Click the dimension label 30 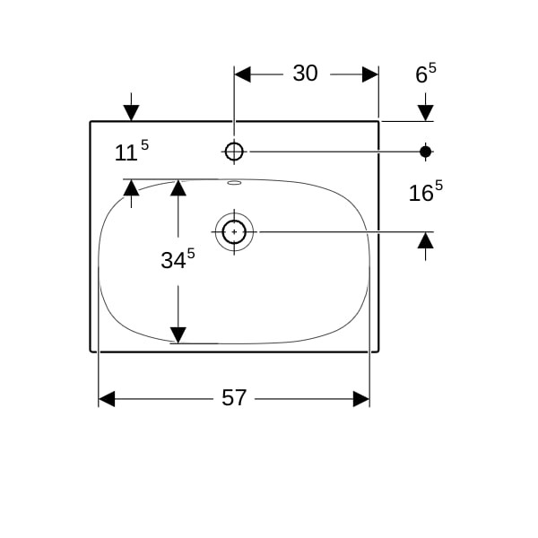(305, 74)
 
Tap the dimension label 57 (234, 397)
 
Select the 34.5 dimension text (178, 259)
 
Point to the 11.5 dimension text (132, 151)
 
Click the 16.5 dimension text (426, 191)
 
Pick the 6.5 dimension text (426, 74)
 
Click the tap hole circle (234, 152)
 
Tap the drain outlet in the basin (234, 232)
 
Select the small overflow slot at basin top (234, 183)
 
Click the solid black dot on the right (425, 152)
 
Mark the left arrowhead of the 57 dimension (107, 399)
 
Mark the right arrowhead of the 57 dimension (361, 399)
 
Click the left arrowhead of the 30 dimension (242, 74)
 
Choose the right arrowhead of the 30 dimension (370, 74)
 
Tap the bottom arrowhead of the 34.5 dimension (178, 334)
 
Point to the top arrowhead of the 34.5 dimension (178, 188)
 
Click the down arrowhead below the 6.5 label (425, 113)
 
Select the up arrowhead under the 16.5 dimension (425, 240)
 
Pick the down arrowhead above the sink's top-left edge (132, 113)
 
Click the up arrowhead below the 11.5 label (132, 188)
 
